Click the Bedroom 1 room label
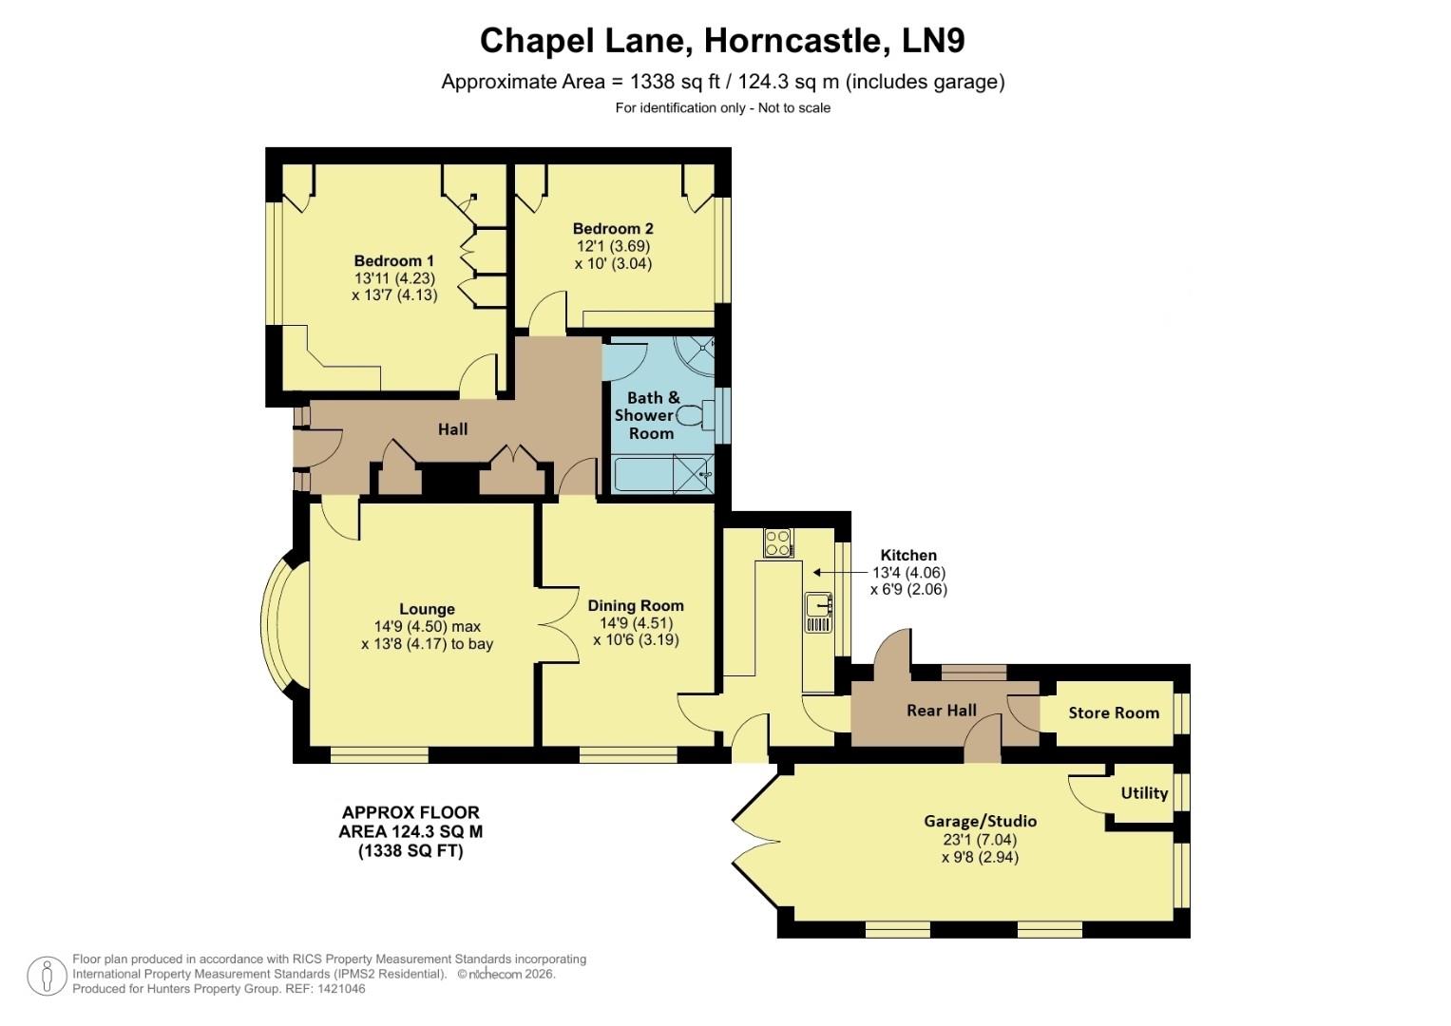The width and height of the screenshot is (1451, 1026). (x=393, y=261)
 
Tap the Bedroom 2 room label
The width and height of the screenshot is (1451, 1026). (x=613, y=229)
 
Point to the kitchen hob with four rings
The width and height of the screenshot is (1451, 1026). (x=777, y=542)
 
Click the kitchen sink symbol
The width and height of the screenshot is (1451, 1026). (x=817, y=604)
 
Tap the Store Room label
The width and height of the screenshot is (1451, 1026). (x=1113, y=712)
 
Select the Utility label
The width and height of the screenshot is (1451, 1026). (x=1143, y=793)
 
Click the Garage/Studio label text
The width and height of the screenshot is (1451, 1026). (x=980, y=821)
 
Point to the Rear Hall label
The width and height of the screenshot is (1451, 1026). (x=941, y=711)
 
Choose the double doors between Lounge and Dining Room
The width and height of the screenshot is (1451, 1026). (x=558, y=624)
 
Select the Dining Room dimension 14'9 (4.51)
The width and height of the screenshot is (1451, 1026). (x=636, y=623)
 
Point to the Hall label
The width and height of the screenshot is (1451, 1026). (x=452, y=429)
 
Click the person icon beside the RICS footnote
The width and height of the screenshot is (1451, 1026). (x=46, y=976)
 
